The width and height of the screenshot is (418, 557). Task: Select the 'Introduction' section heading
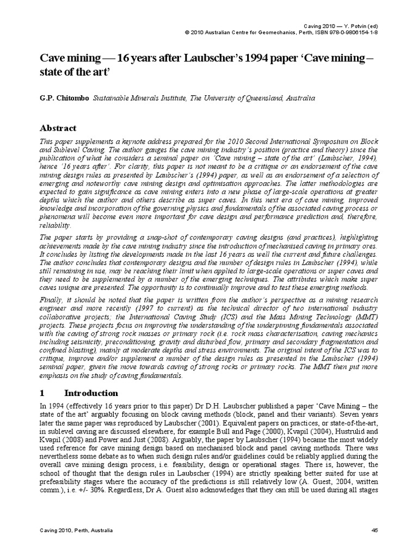(91, 393)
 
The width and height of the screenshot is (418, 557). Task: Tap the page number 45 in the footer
(374, 530)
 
